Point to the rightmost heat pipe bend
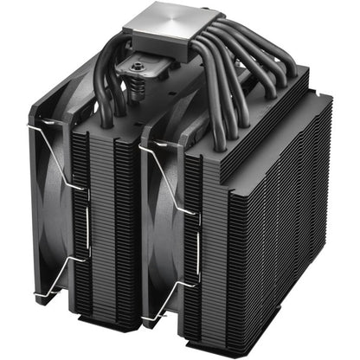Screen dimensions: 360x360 (x=260, y=69)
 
